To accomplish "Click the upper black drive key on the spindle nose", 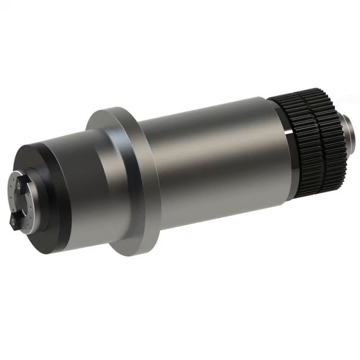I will pyautogui.click(x=20, y=183).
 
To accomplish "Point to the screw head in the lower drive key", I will pyautogui.click(x=15, y=220).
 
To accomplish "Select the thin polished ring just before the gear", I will pyautogui.click(x=291, y=153).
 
